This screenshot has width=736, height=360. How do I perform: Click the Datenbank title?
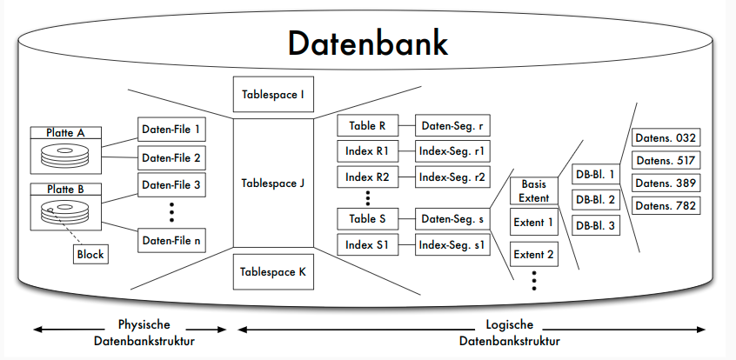(x=368, y=43)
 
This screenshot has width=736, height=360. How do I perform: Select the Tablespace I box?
(x=272, y=94)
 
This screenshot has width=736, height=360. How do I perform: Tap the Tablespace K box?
(x=272, y=271)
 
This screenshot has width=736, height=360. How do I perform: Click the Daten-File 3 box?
(x=171, y=184)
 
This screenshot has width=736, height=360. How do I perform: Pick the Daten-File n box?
(x=171, y=240)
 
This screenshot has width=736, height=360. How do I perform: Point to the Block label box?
(x=90, y=254)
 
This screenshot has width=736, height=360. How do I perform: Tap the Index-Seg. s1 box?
(x=452, y=246)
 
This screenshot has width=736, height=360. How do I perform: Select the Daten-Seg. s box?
(x=452, y=219)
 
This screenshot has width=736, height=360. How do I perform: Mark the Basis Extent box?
(x=533, y=191)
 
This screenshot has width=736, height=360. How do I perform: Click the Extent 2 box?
(x=533, y=254)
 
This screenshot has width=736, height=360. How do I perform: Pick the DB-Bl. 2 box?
(x=595, y=200)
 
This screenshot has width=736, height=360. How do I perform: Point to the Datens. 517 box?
(x=666, y=160)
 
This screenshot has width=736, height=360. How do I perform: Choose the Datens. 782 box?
(x=666, y=206)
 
